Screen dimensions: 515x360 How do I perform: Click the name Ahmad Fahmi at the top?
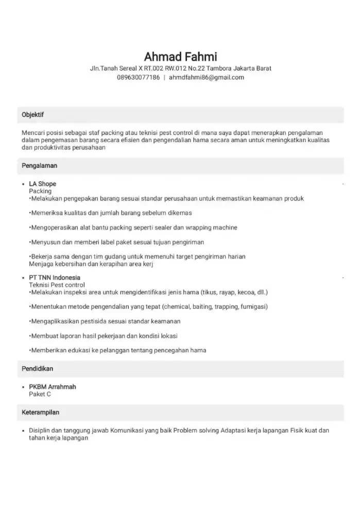(180, 56)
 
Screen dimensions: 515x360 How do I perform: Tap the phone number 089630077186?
(139, 77)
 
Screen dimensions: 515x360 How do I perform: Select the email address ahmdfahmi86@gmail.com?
(207, 77)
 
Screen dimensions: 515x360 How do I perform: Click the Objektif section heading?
(33, 115)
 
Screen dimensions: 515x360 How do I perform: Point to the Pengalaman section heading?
(39, 166)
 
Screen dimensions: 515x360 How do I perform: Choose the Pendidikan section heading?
(38, 369)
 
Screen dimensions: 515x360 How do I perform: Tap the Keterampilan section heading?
(41, 413)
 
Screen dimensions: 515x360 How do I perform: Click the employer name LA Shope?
(42, 184)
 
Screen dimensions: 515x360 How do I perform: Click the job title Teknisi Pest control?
(57, 285)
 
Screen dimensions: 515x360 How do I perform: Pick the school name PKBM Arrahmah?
(53, 387)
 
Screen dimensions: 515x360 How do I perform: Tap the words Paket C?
(40, 394)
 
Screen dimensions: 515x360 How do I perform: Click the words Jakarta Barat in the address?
(252, 68)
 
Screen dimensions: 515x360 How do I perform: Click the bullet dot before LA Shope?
(24, 184)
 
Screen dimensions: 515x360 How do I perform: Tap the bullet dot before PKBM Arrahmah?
(24, 387)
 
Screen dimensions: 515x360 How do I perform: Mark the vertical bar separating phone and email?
(164, 77)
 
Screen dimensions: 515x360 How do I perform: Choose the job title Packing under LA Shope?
(40, 191)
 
